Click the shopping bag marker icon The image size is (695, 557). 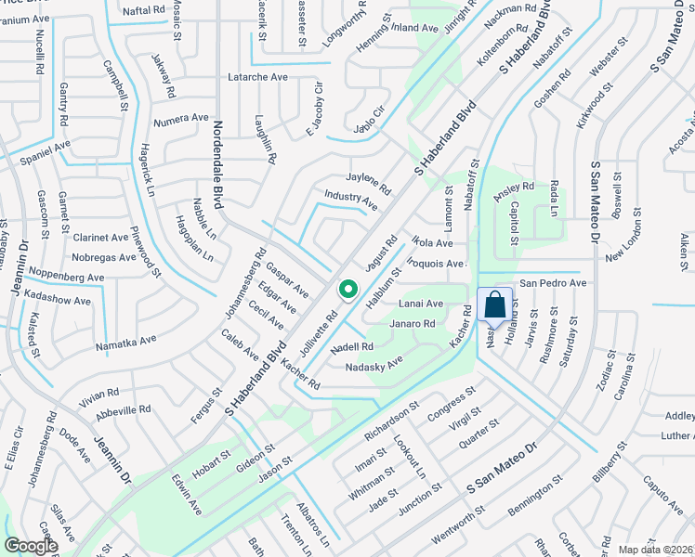pos(495,304)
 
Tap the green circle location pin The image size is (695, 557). pos(348,290)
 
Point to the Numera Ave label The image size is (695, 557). pos(182,118)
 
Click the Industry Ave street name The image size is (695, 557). pos(350,199)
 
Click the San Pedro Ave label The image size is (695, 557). pos(552,282)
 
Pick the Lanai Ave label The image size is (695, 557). pos(421,304)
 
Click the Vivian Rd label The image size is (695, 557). pos(99,393)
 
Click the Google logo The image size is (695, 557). pos(30,546)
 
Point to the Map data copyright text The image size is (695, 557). pos(656,550)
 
